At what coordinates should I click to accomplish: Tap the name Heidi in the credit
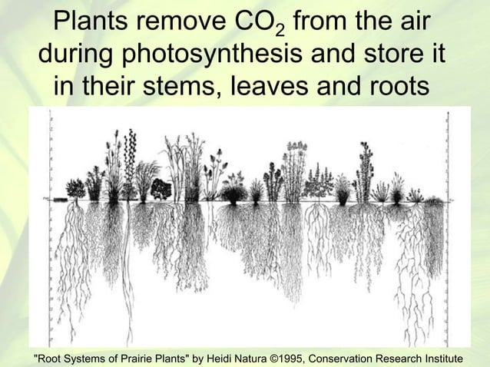(230, 359)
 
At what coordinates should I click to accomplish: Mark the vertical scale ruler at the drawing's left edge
(51, 223)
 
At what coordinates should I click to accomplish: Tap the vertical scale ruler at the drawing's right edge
(445, 223)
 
